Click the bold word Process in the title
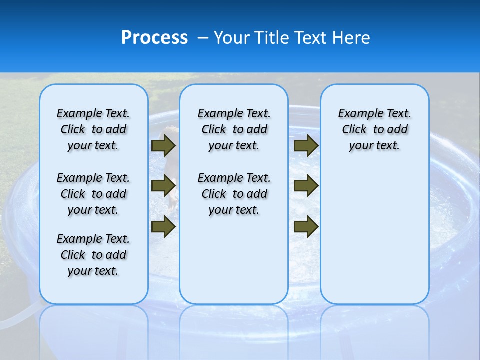[x=154, y=38]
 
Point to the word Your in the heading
[x=232, y=38]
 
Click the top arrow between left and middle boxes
[x=163, y=145]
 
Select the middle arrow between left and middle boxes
[x=163, y=186]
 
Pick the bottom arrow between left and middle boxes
[x=163, y=226]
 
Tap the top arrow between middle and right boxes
[x=306, y=145]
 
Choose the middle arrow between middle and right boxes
[x=306, y=186]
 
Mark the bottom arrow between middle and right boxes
[x=306, y=226]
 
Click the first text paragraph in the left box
[x=93, y=129]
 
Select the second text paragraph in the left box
[x=93, y=194]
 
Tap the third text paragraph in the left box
[x=93, y=255]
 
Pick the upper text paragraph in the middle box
[x=234, y=129]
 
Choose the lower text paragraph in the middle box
[x=234, y=194]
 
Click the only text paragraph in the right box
[x=374, y=129]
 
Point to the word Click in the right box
[x=354, y=130]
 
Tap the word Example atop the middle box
[x=216, y=114]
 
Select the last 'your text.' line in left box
[x=93, y=271]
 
